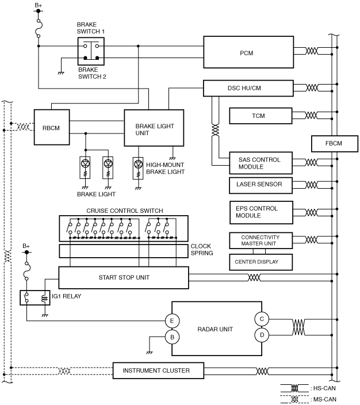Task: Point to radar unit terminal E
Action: pyautogui.click(x=173, y=321)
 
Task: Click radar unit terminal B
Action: pyautogui.click(x=173, y=337)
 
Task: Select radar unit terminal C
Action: pyautogui.click(x=262, y=319)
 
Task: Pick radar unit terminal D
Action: pyautogui.click(x=262, y=335)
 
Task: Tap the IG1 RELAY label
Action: pyautogui.click(x=66, y=296)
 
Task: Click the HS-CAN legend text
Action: pyautogui.click(x=324, y=388)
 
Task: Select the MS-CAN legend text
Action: pyautogui.click(x=325, y=399)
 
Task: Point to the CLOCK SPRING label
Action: pyautogui.click(x=202, y=250)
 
